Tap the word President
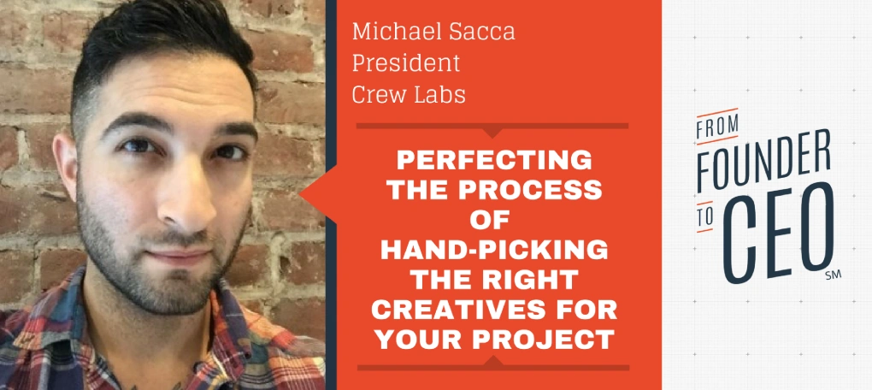coord(407,63)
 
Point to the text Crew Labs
coord(409,95)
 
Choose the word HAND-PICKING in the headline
coord(493,251)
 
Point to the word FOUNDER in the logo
coord(764,160)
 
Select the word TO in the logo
coord(704,220)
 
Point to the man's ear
coord(66,167)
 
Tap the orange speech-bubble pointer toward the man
coord(318,193)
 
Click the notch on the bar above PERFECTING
coord(492,133)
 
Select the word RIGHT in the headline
coord(534,281)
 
